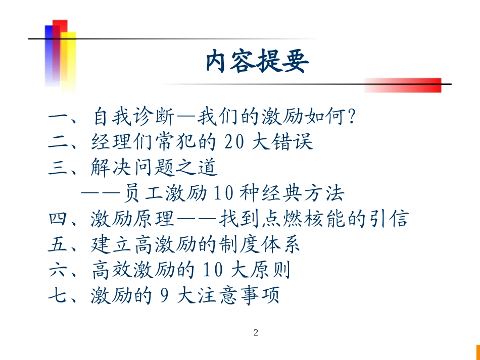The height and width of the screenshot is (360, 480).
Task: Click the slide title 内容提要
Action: point(257,62)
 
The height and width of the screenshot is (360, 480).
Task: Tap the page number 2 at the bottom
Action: point(256,332)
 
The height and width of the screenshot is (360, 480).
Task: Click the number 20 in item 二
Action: point(234,141)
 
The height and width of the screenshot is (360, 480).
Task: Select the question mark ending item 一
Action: point(352,116)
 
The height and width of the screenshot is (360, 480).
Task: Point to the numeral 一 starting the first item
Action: point(58,117)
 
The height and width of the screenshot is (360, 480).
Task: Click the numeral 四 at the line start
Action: point(58,219)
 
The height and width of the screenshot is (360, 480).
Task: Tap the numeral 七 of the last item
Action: point(58,295)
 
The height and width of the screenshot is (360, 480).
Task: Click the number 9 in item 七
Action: point(164,295)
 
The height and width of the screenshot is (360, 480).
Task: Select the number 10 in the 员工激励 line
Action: point(223,193)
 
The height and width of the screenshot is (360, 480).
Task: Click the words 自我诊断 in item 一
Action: point(134,117)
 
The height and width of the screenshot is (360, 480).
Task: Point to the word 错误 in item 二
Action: point(292,141)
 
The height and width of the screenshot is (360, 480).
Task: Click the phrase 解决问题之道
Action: point(154,167)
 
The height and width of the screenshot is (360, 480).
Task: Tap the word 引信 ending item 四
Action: point(389,219)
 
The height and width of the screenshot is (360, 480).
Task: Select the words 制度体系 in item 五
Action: point(259,244)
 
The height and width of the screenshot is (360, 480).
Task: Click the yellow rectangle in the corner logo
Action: point(68,61)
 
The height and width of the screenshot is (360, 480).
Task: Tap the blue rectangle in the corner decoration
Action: point(50,55)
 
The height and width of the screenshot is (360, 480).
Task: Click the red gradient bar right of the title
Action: point(403,85)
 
